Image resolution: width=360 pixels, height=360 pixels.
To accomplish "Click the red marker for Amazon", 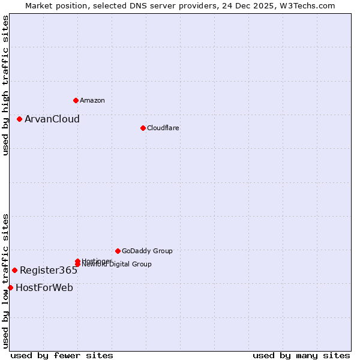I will coord(76,100).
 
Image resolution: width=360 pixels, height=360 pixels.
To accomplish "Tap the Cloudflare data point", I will coord(143,128).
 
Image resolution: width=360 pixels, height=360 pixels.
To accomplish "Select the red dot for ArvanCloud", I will coord(19,119).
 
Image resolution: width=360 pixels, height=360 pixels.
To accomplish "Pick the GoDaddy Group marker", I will coord(118,251).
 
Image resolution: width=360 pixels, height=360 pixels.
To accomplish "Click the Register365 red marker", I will coord(14,270).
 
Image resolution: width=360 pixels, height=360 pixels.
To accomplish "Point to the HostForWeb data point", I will coord(10,287).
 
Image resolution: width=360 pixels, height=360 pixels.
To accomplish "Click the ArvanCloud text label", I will coord(52,119).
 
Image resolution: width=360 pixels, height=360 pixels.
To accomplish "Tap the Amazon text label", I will coord(92,100).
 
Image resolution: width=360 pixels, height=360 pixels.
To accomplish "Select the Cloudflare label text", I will coord(163,128).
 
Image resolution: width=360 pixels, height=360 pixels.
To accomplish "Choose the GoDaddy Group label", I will coord(147,251).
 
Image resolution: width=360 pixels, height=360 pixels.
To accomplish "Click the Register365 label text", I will coord(48,270).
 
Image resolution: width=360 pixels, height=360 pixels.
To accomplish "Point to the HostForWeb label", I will coord(44,287).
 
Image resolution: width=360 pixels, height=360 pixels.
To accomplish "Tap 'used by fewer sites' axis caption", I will coord(62,355).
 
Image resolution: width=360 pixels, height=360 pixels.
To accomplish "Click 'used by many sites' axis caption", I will coord(301,355).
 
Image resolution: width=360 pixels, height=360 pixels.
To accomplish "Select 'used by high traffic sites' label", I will coord(5,85).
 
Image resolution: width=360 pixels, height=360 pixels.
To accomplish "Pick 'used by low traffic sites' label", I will coord(5,281).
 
